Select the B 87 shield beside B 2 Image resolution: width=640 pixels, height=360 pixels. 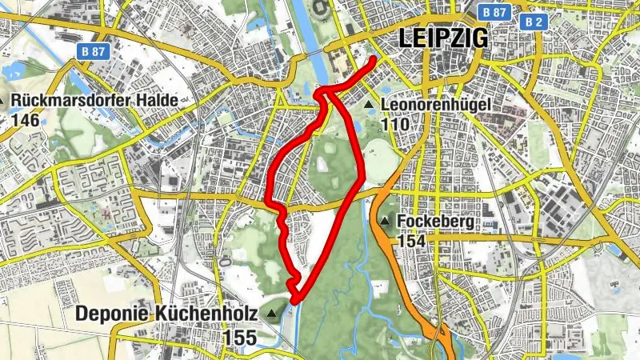[495, 13]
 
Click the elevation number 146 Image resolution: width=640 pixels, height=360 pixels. [25, 119]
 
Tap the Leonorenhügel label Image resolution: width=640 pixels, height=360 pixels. [434, 106]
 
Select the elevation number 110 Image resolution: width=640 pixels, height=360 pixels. [395, 125]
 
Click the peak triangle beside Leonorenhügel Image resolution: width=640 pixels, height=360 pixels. [368, 105]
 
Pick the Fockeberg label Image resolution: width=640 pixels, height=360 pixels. [434, 222]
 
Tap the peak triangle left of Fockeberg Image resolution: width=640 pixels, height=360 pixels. [386, 222]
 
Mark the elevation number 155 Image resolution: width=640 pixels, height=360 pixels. [240, 338]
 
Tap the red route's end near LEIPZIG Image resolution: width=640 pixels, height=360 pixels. [374, 61]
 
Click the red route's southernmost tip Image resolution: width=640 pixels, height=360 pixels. [294, 302]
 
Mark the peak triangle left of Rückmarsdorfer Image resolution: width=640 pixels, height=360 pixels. [4, 102]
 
